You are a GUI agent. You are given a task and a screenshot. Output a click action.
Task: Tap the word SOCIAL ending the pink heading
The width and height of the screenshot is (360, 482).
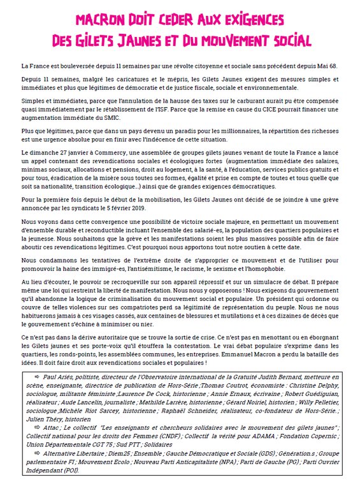pyautogui.click(x=287, y=41)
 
